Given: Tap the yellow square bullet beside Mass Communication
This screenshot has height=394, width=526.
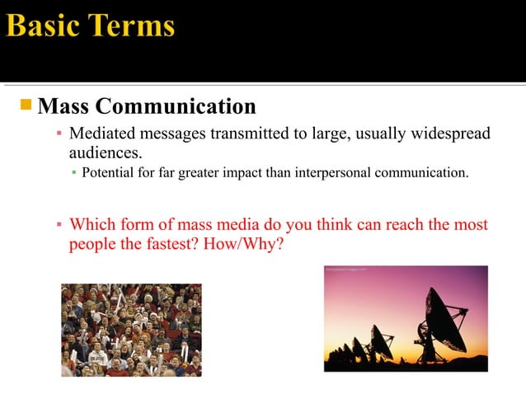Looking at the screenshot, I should point(26,105).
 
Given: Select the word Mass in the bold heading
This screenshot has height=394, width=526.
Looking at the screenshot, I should point(65,106).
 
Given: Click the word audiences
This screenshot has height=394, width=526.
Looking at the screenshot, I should point(104,152).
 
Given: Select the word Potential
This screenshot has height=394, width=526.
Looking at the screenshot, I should point(108,173).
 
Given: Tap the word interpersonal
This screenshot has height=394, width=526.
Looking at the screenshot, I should point(335,173).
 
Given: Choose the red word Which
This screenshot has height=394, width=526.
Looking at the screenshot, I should point(92,224).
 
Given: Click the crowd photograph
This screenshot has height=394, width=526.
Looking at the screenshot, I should point(131,330).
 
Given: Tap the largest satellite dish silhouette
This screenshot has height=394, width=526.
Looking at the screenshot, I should point(446,318).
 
